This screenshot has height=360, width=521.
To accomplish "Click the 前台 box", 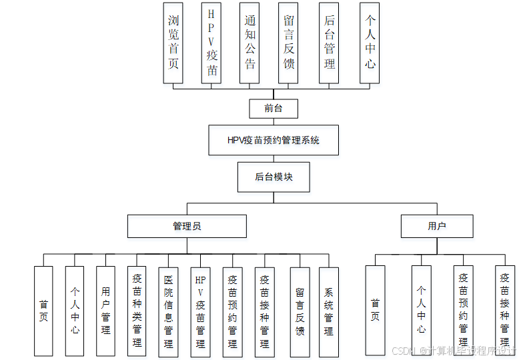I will coord(274,108).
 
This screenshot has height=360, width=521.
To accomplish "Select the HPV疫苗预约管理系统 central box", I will coord(274,140).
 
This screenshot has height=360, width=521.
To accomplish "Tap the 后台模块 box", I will coord(274,177).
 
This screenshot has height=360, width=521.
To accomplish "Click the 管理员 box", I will coord(187,226).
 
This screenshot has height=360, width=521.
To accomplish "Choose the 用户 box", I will coord(437,226).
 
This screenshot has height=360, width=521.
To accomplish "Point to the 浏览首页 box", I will coord(173,43).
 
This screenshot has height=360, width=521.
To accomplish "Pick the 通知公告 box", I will coord(249,43).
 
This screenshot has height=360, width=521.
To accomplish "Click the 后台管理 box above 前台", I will coord(329,43).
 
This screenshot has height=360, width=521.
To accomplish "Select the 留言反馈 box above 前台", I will coord(288,43).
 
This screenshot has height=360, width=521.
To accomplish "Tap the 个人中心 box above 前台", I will coord(370,43).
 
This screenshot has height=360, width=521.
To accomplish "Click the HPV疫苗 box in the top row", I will coord(211,43).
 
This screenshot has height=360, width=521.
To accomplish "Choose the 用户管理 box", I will coord(106,311).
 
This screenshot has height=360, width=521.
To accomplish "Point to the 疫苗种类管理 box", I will coord(137,311).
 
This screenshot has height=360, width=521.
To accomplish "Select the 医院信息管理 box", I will coord(168,311).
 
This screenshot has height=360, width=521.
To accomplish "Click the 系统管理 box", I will coord(329,311).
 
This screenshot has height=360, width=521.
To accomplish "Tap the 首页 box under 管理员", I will coord(43,311).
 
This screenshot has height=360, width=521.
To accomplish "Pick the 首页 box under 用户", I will coord(375,311).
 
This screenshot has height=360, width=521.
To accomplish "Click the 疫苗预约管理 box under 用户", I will coord(463,311).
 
